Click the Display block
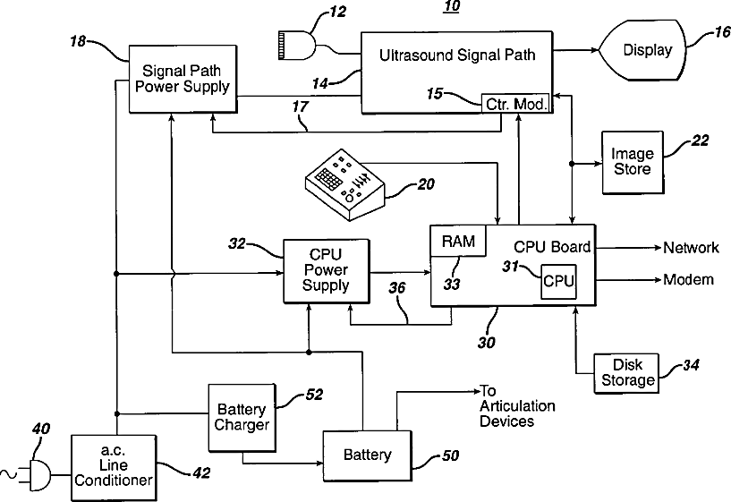click(645, 50)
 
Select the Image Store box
click(632, 161)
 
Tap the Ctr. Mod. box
click(514, 103)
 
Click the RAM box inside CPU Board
click(458, 241)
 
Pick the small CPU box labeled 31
click(558, 281)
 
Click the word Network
click(691, 248)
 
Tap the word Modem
click(688, 280)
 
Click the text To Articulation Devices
click(517, 406)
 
